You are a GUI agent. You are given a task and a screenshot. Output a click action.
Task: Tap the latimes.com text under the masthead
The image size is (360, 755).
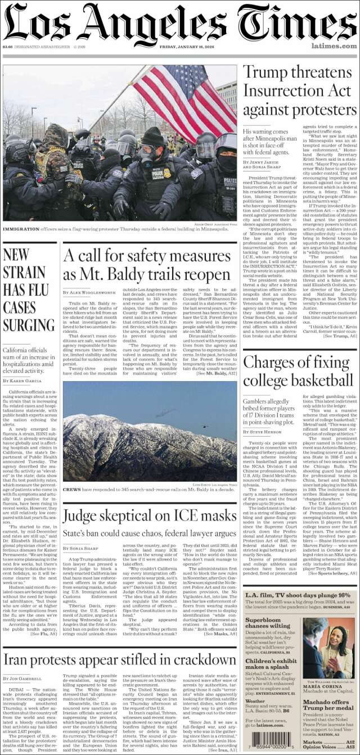336,46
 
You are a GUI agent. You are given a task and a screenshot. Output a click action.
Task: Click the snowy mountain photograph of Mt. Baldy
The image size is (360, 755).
150,431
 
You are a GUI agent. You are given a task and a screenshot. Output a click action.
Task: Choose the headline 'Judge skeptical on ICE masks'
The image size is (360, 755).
150,516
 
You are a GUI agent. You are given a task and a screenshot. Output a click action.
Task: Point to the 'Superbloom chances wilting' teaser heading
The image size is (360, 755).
268,622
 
